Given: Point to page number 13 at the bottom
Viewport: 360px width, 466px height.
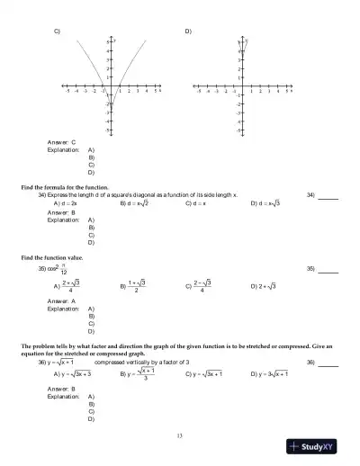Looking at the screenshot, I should tap(180, 436).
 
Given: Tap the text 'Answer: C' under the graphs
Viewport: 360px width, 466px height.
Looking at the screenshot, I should tap(61, 142).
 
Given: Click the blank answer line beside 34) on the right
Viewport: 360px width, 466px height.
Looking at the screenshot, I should tap(328, 195).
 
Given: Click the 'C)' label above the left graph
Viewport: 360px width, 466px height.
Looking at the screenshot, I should tap(57, 31).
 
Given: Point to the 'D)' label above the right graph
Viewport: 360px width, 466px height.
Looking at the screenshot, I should tap(188, 31).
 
